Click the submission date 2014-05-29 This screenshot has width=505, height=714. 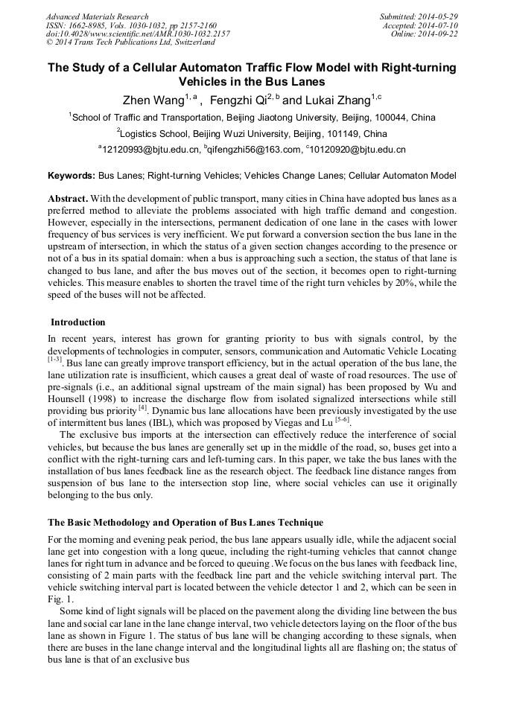pos(437,16)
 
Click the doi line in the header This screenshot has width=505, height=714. pos(138,34)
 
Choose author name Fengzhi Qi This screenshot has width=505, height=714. pos(238,100)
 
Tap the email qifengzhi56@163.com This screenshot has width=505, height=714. pos(252,150)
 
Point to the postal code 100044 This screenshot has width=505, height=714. pos(393,118)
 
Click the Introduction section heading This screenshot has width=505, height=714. pos(77,322)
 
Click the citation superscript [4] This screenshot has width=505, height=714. pos(142,407)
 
